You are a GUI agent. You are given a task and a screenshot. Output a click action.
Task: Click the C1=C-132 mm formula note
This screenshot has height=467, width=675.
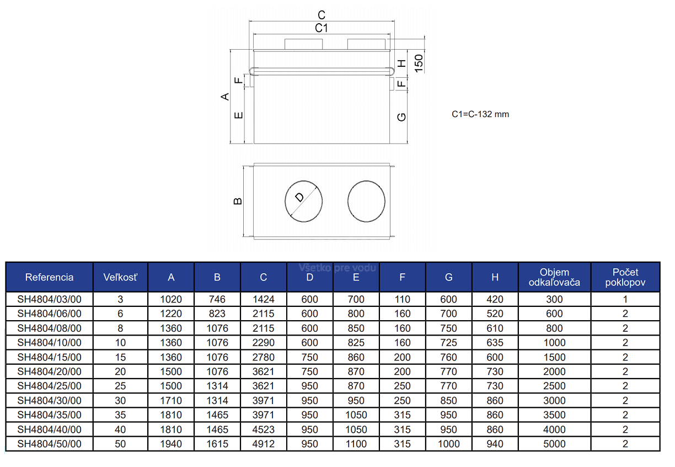click(x=480, y=114)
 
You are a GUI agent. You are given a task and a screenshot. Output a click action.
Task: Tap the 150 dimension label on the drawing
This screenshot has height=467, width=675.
click(x=419, y=63)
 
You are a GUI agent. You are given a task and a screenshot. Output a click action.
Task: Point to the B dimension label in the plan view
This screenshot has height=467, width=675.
click(x=238, y=201)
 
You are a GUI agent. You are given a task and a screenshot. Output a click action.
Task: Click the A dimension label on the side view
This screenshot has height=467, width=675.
click(x=225, y=97)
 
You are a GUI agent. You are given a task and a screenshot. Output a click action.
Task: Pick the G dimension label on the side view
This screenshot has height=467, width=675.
click(x=401, y=117)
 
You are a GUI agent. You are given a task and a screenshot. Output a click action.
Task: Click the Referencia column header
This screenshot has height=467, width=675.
click(x=50, y=277)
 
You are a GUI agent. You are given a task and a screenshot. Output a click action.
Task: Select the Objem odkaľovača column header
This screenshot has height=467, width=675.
click(x=554, y=277)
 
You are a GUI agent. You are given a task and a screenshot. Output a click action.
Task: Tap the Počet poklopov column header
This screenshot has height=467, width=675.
click(x=625, y=277)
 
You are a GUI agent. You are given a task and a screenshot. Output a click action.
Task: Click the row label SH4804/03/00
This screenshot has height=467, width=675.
click(x=50, y=299)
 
